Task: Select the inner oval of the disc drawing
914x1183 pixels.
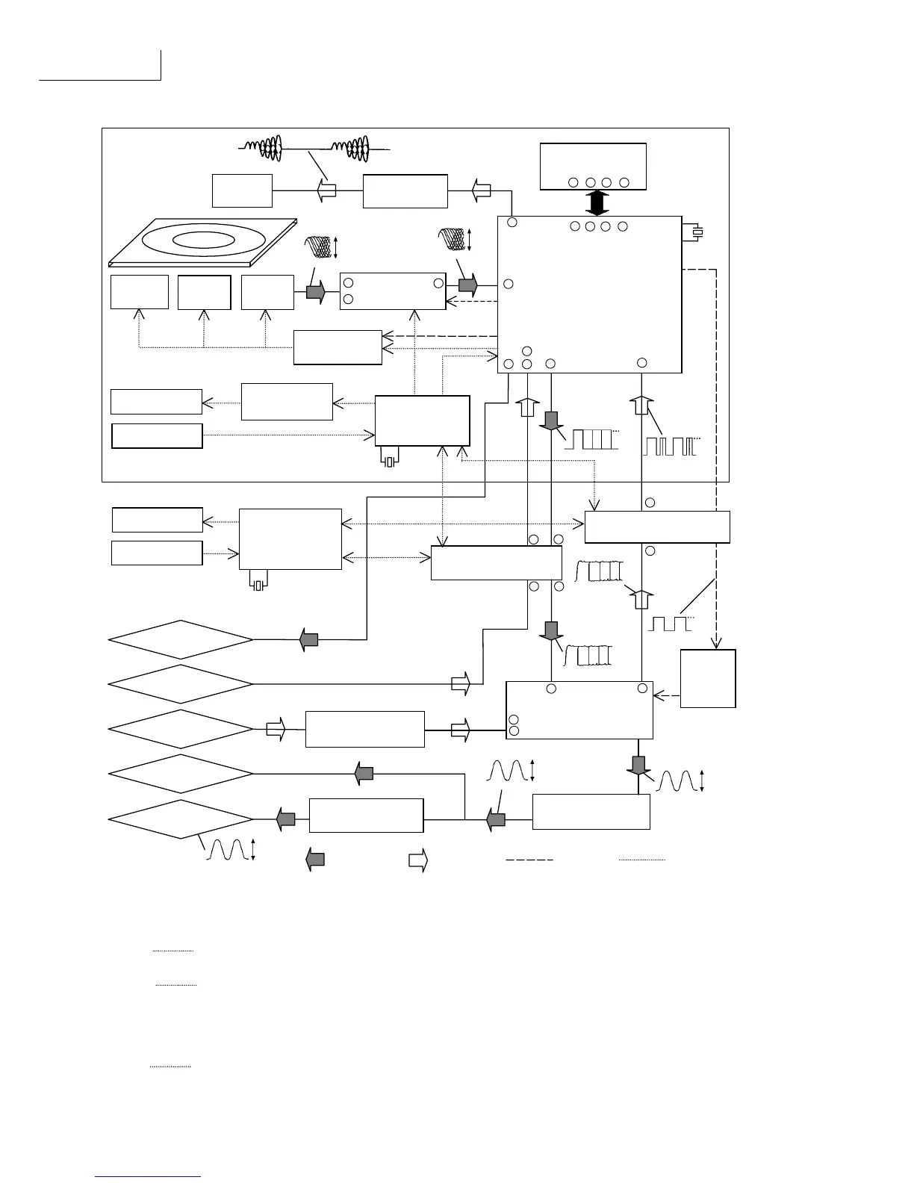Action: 205,240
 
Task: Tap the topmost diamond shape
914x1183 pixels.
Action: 181,639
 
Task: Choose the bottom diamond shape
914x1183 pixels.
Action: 181,819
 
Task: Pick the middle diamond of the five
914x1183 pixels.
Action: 181,729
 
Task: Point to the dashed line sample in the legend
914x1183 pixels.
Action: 529,860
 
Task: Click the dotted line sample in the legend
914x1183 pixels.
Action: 641,860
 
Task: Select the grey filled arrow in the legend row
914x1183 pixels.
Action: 315,860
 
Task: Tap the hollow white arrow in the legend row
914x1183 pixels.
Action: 417,860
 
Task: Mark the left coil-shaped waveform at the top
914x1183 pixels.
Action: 262,148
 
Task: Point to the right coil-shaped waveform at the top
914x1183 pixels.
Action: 352,148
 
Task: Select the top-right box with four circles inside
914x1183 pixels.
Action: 593,166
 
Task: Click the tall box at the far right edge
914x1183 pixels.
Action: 708,678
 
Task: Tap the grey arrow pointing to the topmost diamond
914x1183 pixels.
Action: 308,639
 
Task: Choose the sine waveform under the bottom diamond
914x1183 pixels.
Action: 226,850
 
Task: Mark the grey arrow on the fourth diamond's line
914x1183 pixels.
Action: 364,774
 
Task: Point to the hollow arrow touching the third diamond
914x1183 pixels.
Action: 276,729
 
